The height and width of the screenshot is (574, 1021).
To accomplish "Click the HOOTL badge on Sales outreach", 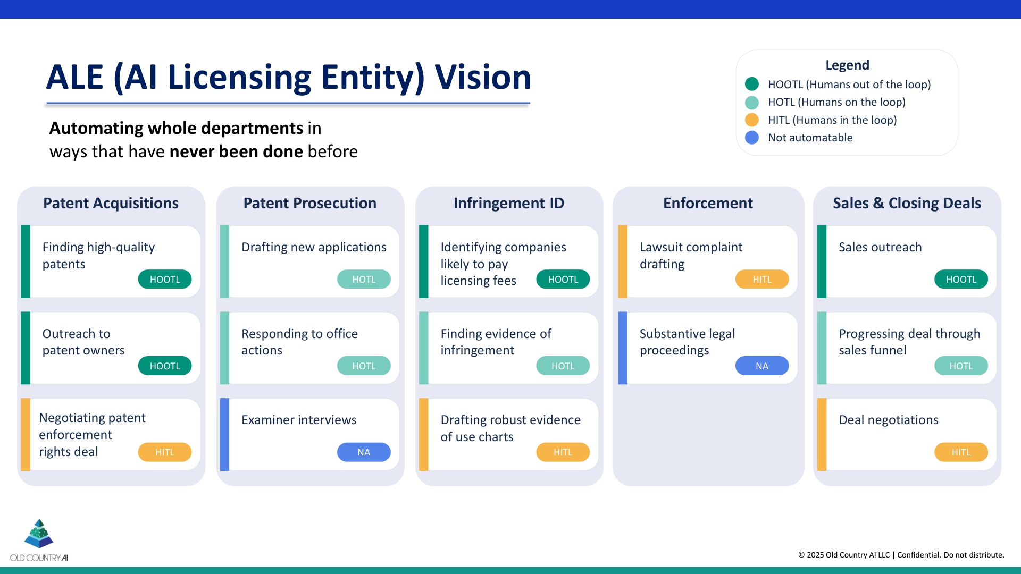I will pyautogui.click(x=961, y=279).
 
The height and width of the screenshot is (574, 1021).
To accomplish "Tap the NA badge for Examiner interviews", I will pyautogui.click(x=364, y=452).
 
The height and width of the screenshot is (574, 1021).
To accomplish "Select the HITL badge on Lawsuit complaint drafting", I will pyautogui.click(x=761, y=279).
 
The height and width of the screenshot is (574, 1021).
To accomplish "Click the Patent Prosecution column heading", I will pyautogui.click(x=309, y=203).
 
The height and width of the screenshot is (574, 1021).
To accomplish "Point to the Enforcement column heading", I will pyautogui.click(x=708, y=203).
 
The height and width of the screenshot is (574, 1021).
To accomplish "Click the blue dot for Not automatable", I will pyautogui.click(x=752, y=138).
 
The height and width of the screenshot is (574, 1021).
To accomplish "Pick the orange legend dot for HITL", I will pyautogui.click(x=752, y=120).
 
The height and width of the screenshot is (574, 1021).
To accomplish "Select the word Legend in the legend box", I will pyautogui.click(x=847, y=65).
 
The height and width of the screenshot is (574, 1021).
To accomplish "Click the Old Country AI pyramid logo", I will pyautogui.click(x=39, y=534).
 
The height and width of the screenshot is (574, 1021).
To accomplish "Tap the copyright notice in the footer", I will pyautogui.click(x=901, y=555).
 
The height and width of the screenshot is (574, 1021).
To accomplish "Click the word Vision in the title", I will pyautogui.click(x=483, y=77).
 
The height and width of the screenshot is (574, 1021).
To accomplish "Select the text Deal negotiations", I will pyautogui.click(x=889, y=420).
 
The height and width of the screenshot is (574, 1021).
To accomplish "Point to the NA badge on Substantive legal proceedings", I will pyautogui.click(x=761, y=366).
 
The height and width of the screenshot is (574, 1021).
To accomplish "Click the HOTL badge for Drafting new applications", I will pyautogui.click(x=364, y=279).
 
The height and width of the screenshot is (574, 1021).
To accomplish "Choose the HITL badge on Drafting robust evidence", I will pyautogui.click(x=563, y=452).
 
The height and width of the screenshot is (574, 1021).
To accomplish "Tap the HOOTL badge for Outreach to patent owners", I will pyautogui.click(x=165, y=366).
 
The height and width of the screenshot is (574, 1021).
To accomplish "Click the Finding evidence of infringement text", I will pyautogui.click(x=496, y=342).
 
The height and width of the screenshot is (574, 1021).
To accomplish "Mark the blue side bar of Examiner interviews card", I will pyautogui.click(x=224, y=434).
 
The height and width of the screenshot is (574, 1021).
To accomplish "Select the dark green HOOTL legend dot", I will pyautogui.click(x=752, y=84).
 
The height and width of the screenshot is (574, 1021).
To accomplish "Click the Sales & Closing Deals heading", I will pyautogui.click(x=907, y=203).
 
